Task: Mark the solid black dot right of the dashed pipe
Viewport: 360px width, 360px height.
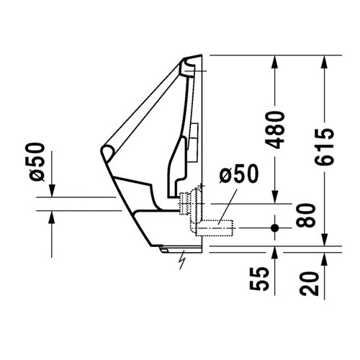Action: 274,228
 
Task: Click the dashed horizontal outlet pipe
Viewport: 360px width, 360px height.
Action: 216,229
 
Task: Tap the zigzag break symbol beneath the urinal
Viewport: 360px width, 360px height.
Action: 183,257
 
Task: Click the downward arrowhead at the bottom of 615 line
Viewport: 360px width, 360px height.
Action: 325,240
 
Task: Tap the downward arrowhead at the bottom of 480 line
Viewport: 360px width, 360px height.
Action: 274,194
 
